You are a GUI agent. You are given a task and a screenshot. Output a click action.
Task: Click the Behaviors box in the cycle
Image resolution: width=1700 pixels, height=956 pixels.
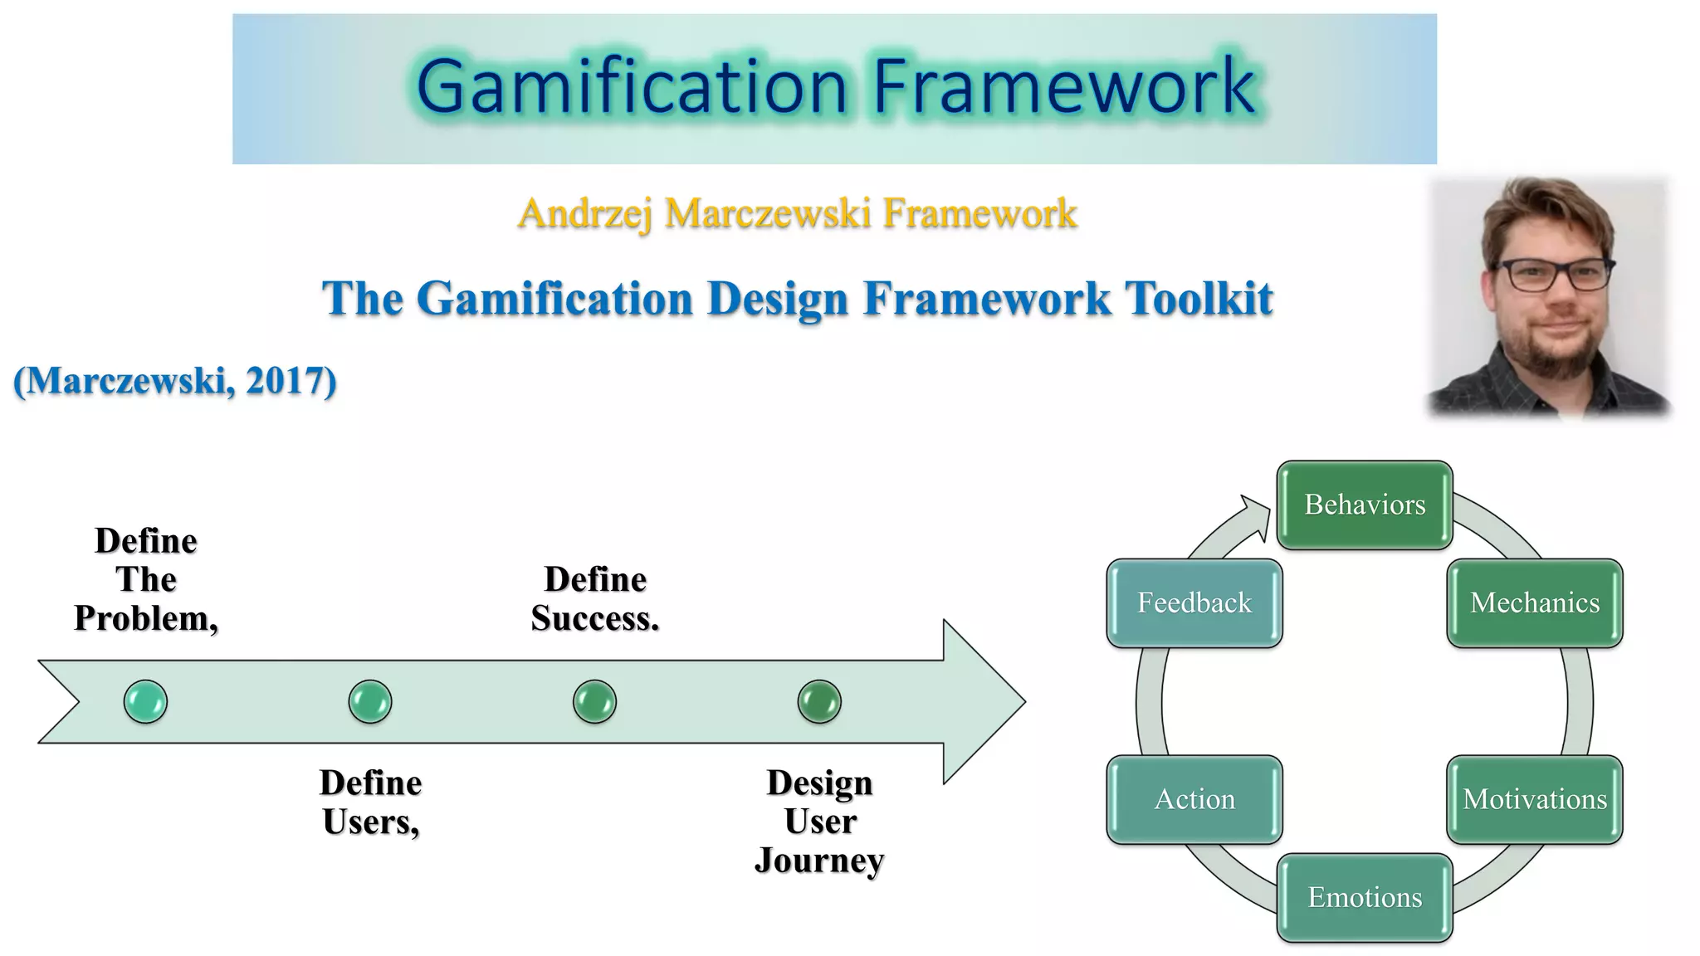(1364, 505)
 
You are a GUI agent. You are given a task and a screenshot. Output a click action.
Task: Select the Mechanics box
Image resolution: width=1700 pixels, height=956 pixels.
(1534, 602)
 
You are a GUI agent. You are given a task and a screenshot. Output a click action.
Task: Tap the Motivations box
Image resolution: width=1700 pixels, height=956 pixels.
(1534, 799)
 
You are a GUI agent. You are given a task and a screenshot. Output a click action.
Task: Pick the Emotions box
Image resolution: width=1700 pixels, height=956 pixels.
(1364, 897)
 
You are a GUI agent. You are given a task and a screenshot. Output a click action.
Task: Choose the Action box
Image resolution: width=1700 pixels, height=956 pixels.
(1194, 799)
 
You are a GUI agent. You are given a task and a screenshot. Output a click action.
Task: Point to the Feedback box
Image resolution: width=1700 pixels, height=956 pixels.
(1194, 602)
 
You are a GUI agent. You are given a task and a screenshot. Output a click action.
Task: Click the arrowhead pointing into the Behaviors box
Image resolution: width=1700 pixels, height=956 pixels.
(1257, 515)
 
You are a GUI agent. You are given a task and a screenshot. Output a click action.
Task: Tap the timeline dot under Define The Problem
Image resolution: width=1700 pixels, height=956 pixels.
(145, 701)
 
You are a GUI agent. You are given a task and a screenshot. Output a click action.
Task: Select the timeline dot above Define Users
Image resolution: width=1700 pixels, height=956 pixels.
(370, 701)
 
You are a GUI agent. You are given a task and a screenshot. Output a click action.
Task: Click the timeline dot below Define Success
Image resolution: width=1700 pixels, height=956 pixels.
(594, 701)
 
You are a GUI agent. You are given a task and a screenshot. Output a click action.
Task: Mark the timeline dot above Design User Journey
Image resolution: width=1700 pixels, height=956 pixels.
(819, 701)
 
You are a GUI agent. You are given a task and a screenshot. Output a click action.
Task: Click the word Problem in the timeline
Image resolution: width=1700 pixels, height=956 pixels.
(144, 618)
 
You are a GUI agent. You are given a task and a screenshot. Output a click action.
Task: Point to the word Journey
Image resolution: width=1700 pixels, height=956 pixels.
(818, 861)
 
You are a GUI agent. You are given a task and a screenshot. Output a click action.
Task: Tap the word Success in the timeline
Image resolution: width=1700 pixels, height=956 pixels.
(594, 618)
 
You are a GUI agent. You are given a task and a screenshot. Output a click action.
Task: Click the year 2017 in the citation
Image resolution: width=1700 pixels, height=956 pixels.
(283, 381)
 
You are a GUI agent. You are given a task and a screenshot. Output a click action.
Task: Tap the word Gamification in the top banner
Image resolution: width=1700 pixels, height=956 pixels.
(631, 86)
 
